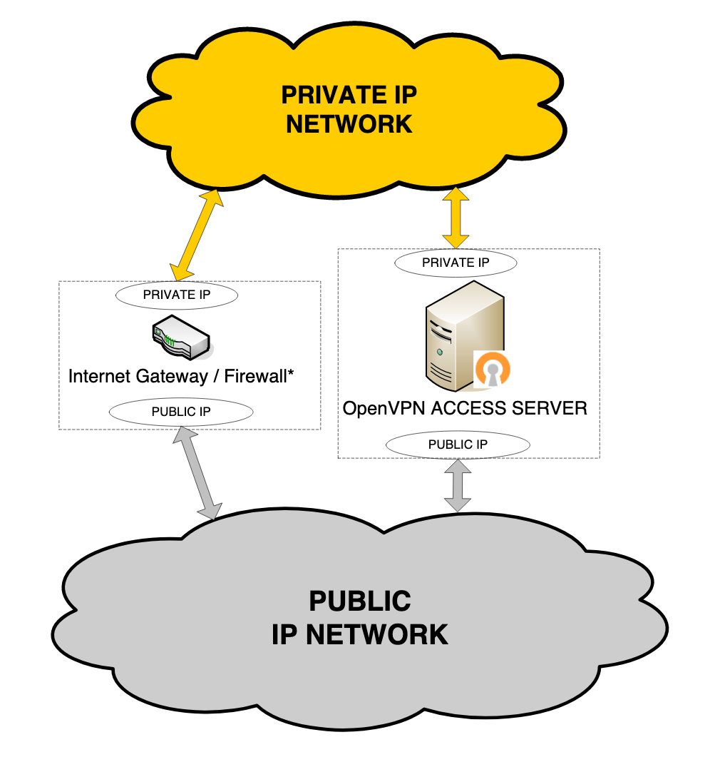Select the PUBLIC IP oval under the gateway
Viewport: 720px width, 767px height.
click(181, 412)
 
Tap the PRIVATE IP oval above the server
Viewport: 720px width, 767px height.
click(456, 262)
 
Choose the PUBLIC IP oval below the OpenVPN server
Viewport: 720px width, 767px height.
click(458, 445)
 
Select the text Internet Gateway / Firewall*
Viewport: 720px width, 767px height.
click(181, 377)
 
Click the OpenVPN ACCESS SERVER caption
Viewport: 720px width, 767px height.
click(465, 409)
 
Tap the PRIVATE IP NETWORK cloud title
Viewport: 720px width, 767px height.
click(349, 109)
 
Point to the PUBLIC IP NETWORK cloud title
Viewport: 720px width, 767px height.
click(360, 617)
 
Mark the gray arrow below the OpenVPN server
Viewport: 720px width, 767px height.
click(458, 485)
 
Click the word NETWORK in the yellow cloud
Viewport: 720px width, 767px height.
click(349, 124)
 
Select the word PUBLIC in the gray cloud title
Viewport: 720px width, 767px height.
click(360, 601)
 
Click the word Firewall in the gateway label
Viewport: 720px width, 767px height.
click(254, 377)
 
